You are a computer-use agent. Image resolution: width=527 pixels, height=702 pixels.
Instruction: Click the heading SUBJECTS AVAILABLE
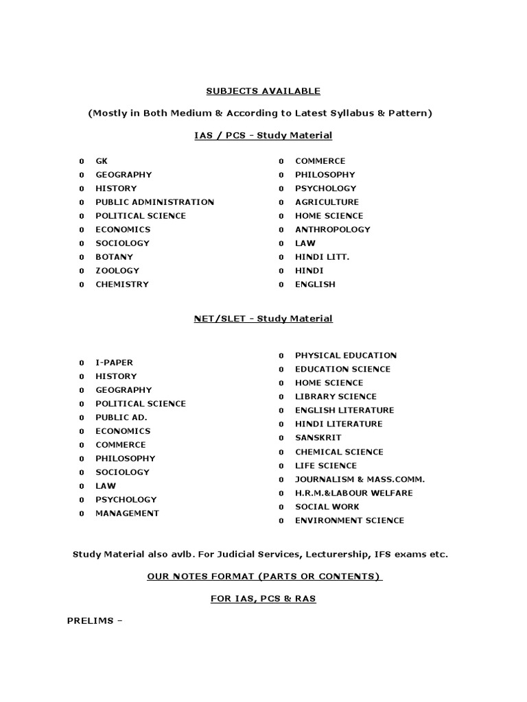(263, 91)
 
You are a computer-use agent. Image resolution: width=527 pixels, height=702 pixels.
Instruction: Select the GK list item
(102, 161)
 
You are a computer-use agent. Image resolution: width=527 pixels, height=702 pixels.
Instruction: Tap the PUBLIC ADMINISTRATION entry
(154, 202)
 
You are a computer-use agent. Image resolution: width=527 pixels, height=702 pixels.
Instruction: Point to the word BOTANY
(114, 257)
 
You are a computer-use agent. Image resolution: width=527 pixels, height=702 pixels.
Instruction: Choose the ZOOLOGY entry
(117, 271)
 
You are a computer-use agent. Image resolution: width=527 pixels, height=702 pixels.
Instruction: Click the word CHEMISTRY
(121, 285)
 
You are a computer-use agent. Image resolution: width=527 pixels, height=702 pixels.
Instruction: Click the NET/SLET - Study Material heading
(263, 319)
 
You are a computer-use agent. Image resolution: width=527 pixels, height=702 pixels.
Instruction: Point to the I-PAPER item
(114, 363)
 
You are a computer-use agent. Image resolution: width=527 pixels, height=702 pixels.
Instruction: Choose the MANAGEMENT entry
(127, 513)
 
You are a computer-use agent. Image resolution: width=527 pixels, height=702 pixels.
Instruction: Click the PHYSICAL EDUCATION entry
(346, 356)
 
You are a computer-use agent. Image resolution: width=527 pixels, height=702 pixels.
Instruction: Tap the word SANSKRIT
(318, 438)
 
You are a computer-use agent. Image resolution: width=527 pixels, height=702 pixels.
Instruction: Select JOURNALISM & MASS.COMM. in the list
(360, 479)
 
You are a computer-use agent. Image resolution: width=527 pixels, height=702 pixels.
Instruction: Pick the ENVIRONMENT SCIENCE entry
(349, 520)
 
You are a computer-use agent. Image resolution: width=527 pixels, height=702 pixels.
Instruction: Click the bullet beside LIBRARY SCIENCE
(281, 397)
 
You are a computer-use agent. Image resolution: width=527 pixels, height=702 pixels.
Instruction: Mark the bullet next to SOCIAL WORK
(281, 507)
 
